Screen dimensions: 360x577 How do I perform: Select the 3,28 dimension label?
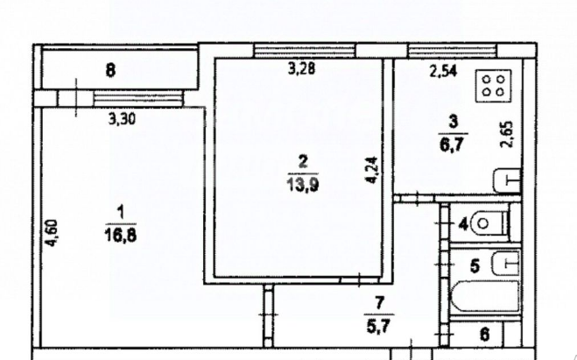click(x=303, y=71)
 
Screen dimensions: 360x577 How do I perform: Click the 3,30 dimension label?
click(x=123, y=122)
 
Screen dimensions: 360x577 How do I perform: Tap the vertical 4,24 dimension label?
click(x=371, y=168)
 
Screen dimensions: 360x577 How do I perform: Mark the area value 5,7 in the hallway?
click(x=380, y=319)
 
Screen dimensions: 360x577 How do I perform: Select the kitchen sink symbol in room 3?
click(x=505, y=181)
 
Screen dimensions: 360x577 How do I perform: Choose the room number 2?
click(x=303, y=161)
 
